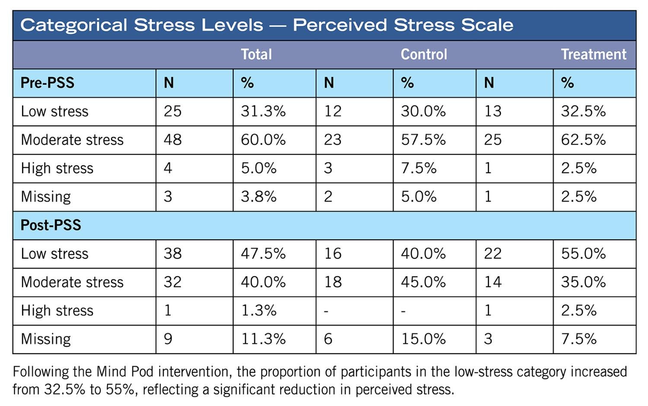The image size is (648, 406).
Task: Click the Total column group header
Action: (256, 54)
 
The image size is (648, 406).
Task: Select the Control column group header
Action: (424, 54)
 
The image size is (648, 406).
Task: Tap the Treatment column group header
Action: (593, 54)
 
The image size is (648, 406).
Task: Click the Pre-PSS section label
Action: (48, 82)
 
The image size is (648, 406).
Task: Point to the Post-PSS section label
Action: (51, 225)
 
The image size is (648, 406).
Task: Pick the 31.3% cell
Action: (263, 111)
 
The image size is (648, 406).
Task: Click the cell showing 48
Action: (173, 140)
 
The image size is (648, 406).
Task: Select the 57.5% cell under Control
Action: (423, 140)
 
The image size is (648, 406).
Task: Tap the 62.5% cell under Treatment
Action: (583, 140)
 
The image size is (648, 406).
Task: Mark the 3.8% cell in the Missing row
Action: (258, 197)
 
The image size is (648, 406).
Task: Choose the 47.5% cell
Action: (263, 254)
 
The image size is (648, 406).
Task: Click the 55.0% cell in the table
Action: (583, 254)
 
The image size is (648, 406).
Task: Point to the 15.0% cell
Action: (423, 339)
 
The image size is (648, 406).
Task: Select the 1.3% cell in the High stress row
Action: (258, 311)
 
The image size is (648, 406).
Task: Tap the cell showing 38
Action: (173, 254)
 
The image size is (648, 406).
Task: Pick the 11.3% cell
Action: (263, 339)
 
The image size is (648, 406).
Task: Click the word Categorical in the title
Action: (74, 25)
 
